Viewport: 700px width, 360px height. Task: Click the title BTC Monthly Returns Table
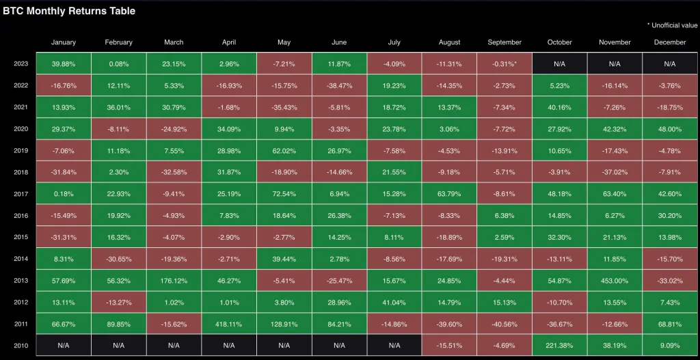coord(70,11)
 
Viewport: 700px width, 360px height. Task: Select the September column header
coord(504,42)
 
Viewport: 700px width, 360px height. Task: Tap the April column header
coord(229,42)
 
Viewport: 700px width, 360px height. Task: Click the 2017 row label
coord(21,194)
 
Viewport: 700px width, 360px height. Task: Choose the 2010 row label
coord(21,346)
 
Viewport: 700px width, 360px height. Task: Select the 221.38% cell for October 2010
coord(560,346)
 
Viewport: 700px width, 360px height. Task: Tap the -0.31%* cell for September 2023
coord(504,64)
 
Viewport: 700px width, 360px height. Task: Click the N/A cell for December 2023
coord(669,64)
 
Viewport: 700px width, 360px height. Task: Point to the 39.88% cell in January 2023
coord(64,64)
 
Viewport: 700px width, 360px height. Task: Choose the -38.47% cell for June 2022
coord(339,85)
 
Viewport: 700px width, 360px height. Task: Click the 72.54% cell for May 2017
coord(284,194)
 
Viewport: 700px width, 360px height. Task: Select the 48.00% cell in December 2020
coord(669,129)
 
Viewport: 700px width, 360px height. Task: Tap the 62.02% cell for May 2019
coord(284,150)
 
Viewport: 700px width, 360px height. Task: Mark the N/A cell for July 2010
coord(394,346)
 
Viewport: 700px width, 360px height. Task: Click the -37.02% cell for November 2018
coord(615,172)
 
